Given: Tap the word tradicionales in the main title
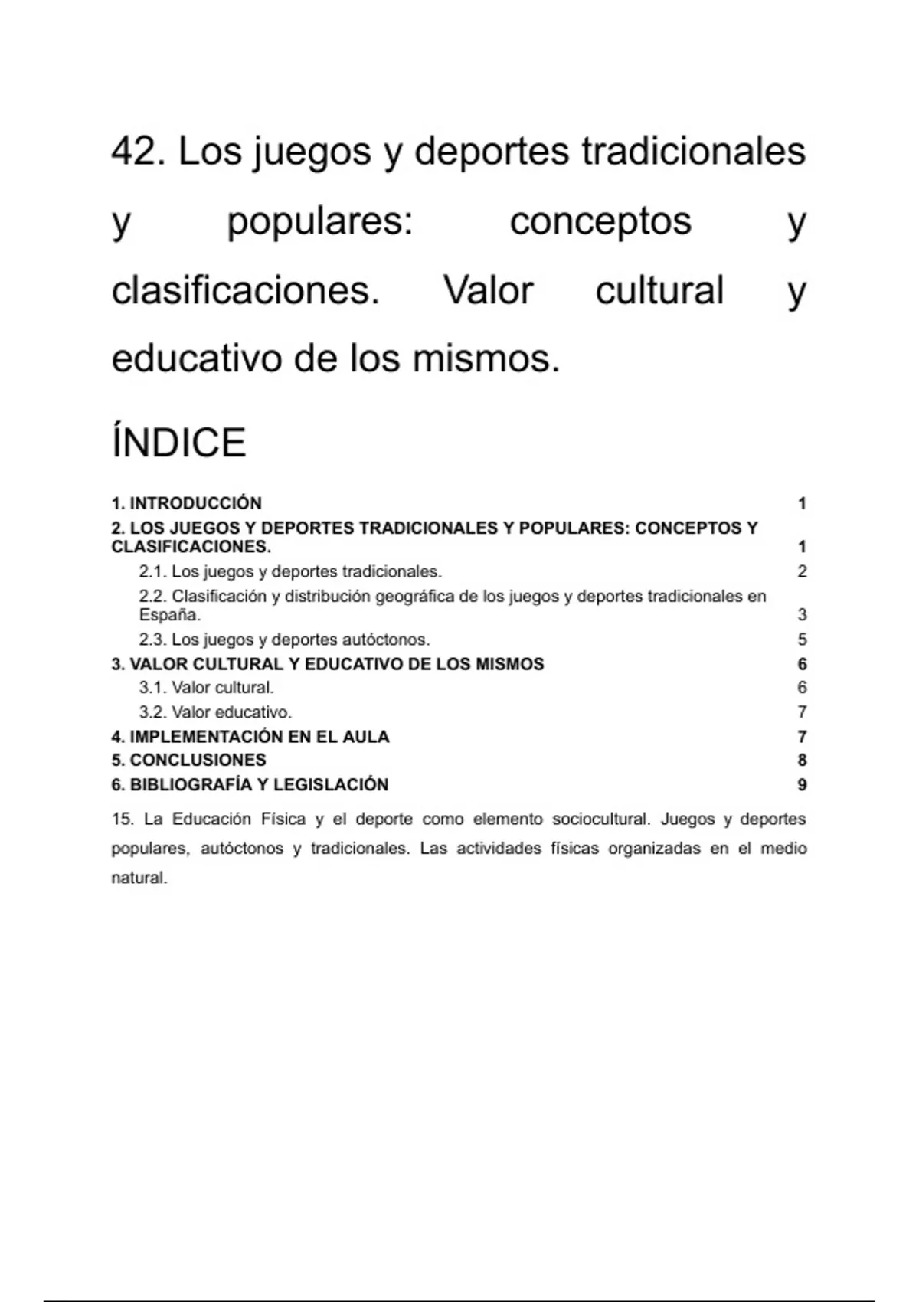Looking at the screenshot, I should [x=693, y=151].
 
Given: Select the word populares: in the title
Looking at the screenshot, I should [x=320, y=221].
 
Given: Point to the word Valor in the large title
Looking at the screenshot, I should [x=488, y=290].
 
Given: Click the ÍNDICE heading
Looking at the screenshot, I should [x=178, y=443].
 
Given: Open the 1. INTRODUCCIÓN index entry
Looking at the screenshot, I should [x=186, y=503].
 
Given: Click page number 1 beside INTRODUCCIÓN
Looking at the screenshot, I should [x=802, y=503].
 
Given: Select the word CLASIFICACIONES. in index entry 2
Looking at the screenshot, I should [x=191, y=547].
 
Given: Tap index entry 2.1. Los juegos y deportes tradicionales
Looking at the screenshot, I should [x=290, y=571].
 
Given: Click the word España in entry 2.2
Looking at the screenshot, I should [x=169, y=615].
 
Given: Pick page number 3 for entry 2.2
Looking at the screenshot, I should [x=802, y=615].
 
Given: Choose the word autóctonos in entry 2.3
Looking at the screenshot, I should [x=390, y=640].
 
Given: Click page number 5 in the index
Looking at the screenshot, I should [x=802, y=640].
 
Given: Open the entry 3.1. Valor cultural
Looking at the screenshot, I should [x=206, y=688].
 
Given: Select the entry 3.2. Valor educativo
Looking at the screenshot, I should [x=215, y=712].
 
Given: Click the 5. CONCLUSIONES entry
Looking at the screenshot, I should [x=188, y=761].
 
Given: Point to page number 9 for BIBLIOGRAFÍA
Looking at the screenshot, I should [x=802, y=785].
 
